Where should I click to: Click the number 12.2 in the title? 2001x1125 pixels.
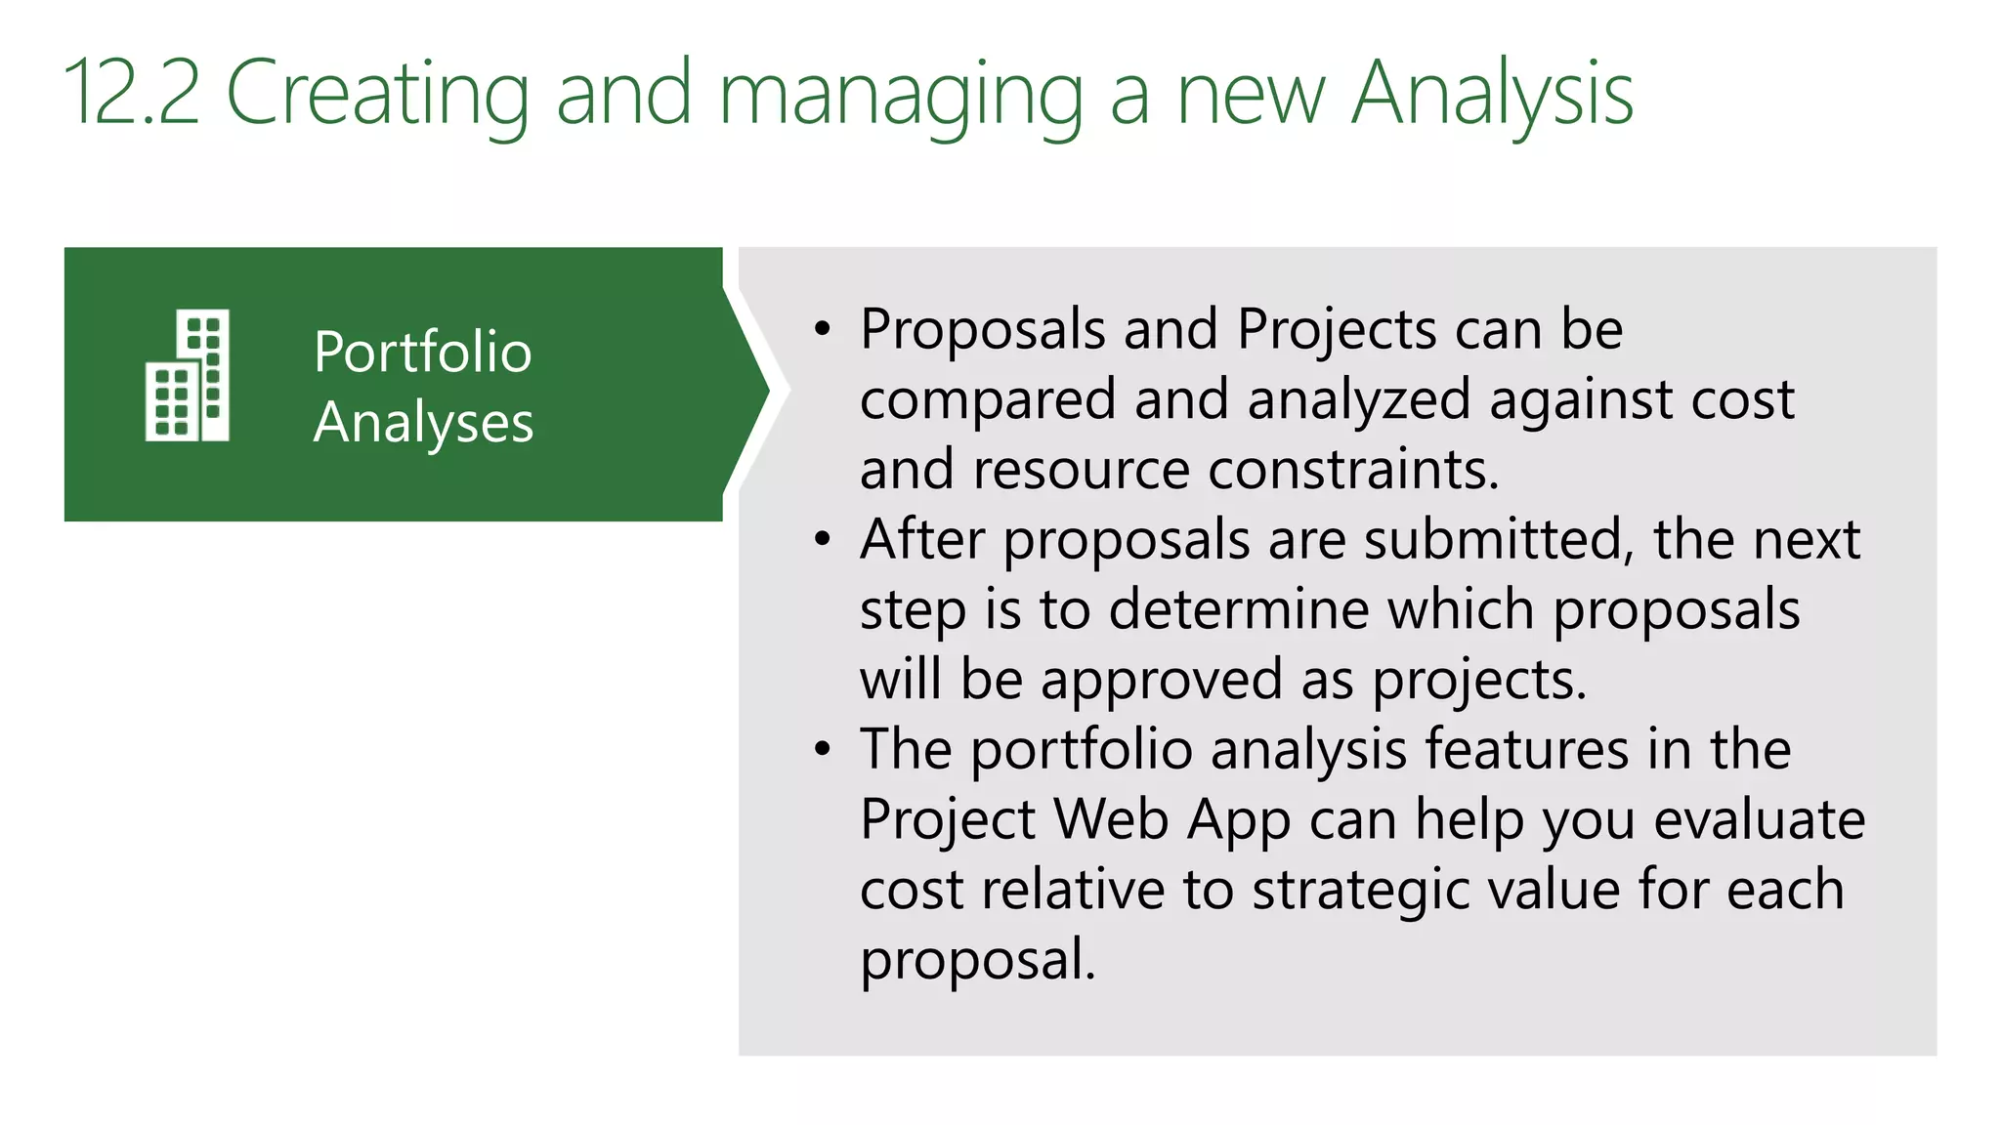pos(132,94)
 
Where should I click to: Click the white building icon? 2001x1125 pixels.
pos(188,376)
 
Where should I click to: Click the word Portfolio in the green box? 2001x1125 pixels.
pos(422,353)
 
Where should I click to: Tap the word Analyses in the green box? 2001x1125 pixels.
pos(423,424)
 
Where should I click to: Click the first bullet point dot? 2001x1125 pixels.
pos(823,330)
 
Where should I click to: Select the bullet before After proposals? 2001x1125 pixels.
pos(823,540)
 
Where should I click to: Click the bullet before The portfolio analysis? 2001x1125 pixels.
pos(823,750)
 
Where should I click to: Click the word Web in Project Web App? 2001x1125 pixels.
pos(1111,819)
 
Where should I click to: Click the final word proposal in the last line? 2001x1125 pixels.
pos(977,960)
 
